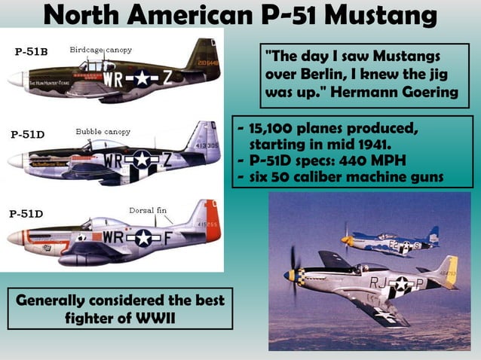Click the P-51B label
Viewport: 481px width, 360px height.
pyautogui.click(x=32, y=52)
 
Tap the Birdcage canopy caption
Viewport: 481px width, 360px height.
pyautogui.click(x=100, y=50)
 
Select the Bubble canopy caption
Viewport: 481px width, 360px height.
pyautogui.click(x=103, y=132)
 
